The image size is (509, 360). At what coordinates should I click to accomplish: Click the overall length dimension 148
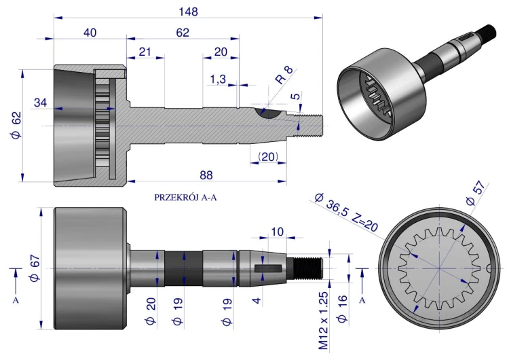pos(188,12)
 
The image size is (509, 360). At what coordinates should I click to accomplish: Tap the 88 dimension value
pos(206,175)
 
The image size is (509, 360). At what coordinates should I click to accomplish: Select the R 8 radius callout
pos(284,75)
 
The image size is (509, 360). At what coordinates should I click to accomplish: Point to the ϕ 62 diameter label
pos(16,125)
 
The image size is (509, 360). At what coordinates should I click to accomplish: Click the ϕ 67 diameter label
pos(35,268)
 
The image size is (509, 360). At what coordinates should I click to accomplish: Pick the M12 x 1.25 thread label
pos(324,321)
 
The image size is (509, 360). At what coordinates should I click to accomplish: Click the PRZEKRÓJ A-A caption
pos(185,198)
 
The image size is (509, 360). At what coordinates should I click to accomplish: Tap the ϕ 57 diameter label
pos(476,194)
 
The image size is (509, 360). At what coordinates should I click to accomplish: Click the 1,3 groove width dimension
pos(218,79)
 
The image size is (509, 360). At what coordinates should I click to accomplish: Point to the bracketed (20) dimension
pos(268,157)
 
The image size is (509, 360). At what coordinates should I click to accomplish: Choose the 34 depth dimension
pos(41,103)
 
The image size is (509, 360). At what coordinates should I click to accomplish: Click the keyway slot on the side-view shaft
pos(268,268)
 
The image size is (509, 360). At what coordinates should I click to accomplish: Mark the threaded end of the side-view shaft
pos(307,268)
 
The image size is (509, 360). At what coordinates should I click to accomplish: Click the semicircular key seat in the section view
pos(268,114)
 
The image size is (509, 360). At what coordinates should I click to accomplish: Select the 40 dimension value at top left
pos(90,33)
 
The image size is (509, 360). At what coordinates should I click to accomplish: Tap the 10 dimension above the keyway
pos(277,232)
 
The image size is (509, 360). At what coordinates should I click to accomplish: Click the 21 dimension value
pos(145,52)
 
